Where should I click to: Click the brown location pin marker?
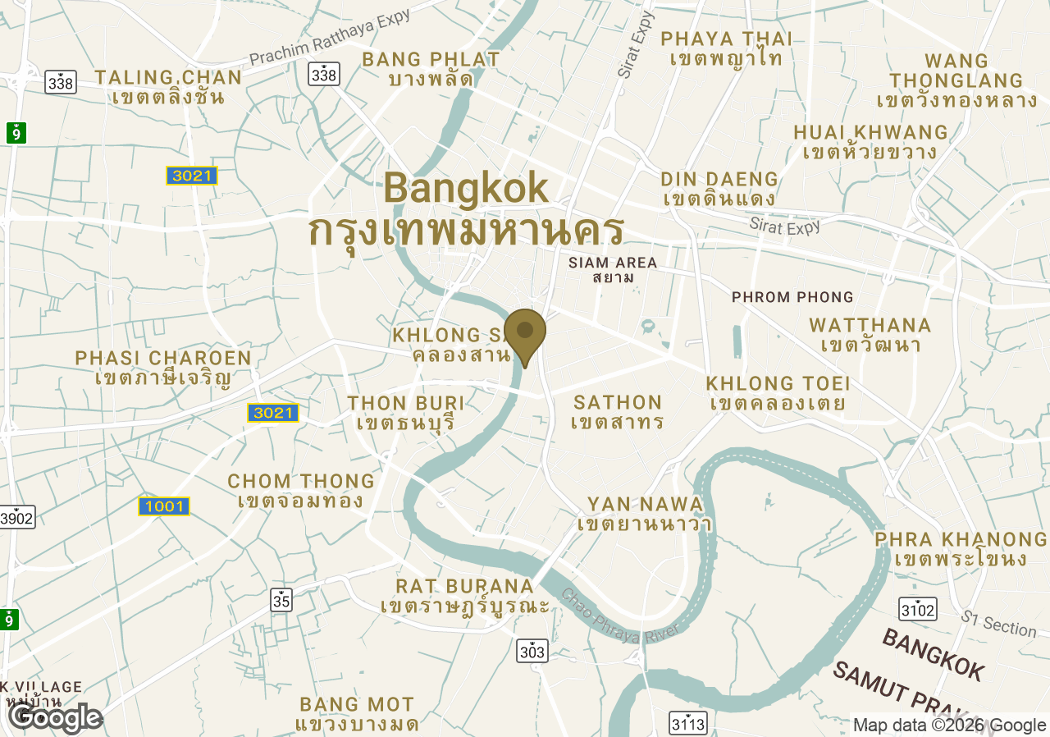(x=525, y=332)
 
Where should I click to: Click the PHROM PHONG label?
(x=792, y=297)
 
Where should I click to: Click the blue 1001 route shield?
(x=164, y=506)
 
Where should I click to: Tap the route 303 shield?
(x=532, y=652)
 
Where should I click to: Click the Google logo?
(x=55, y=718)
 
